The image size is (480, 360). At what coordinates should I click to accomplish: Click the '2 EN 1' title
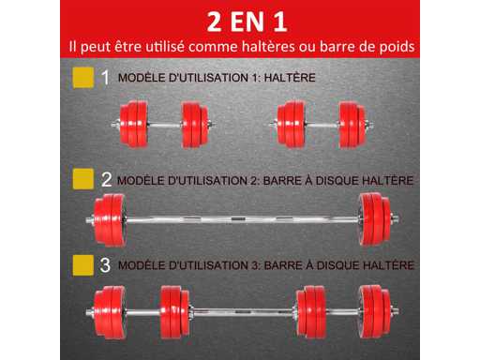(247, 22)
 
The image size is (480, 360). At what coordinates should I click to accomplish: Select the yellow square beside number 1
(83, 78)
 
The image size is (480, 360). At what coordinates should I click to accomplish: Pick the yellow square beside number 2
(83, 179)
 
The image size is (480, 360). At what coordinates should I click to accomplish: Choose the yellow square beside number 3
(83, 265)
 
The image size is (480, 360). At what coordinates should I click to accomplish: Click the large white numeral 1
(105, 77)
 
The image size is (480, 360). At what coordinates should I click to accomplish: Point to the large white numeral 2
(106, 179)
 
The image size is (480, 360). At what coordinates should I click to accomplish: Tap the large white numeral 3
(105, 265)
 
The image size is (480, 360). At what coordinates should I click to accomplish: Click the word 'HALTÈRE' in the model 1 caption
(290, 78)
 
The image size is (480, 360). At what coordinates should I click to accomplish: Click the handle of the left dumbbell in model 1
(164, 125)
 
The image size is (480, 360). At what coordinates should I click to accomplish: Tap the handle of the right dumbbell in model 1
(322, 125)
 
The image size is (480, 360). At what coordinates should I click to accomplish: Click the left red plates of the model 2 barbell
(110, 220)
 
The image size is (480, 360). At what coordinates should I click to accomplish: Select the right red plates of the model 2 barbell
(374, 219)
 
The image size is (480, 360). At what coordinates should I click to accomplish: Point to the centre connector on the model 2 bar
(238, 218)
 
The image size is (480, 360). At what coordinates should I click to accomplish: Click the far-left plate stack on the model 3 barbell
(110, 312)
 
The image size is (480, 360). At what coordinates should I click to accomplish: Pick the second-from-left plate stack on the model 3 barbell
(174, 312)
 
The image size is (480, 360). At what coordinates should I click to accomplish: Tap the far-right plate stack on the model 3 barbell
(374, 312)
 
